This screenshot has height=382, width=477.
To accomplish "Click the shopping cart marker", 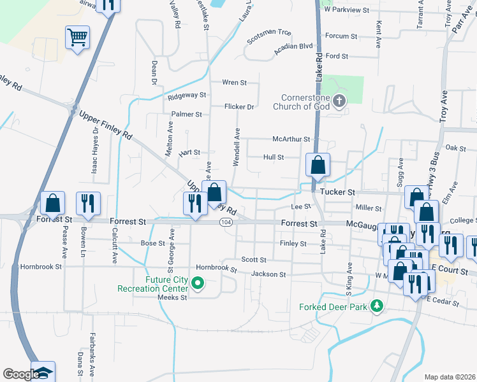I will coord(77,38).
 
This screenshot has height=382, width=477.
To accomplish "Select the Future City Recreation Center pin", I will coord(198,283).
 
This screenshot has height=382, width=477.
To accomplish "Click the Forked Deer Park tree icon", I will coord(377,306).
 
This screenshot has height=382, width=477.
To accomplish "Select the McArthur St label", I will coord(291,139).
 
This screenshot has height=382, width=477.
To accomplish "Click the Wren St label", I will coord(234,83).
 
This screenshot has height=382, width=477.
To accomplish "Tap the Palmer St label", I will coord(186,115).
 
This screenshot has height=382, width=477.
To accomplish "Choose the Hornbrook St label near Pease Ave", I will coord(41,267).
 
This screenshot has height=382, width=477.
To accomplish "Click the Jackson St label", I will coord(268,274).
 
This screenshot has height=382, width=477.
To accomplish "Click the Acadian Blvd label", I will coord(294,46).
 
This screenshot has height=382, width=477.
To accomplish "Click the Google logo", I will coord(20,374).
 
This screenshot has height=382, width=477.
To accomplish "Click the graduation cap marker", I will coord(44,372).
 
